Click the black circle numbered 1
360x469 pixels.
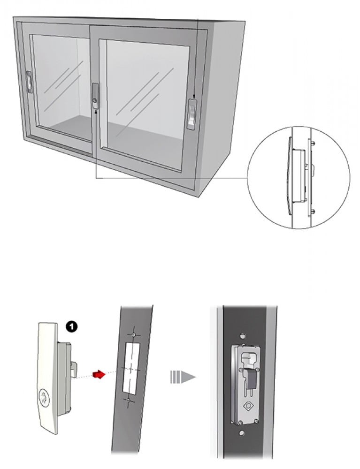click(71, 326)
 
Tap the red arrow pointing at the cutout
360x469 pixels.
click(100, 374)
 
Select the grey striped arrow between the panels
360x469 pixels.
click(183, 377)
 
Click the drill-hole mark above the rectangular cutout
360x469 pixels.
click(134, 334)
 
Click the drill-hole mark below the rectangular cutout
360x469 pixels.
click(128, 401)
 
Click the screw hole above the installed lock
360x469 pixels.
click(242, 335)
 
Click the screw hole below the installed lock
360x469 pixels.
click(242, 432)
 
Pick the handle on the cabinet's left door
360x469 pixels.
click(29, 81)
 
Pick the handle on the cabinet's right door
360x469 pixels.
click(192, 114)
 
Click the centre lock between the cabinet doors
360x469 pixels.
click(95, 95)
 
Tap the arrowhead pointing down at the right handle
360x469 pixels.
click(194, 97)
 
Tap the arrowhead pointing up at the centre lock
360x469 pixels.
click(95, 112)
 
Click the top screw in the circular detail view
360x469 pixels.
click(313, 143)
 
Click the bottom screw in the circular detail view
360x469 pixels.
click(313, 211)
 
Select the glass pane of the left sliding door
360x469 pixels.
click(61, 87)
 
